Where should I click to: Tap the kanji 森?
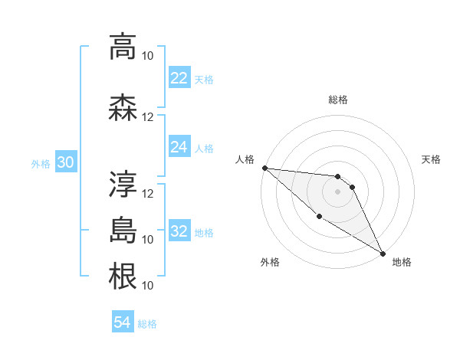coord(123,107)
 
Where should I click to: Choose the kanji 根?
coord(123,276)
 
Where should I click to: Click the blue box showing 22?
coord(179,78)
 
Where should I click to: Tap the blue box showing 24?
coord(179,147)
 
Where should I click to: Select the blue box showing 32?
coord(179,231)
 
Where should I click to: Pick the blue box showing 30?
coord(65,162)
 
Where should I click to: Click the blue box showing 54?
coord(123,322)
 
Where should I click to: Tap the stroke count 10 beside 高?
coord(148,55)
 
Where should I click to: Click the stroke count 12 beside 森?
coord(148,116)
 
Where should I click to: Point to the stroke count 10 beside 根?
coord(148,285)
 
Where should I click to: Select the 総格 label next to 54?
coord(147,324)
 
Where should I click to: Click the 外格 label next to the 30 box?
coord(41,163)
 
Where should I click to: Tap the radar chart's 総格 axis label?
coord(337,100)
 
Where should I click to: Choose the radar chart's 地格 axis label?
coord(402,262)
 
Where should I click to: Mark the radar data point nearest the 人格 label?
coord(264,168)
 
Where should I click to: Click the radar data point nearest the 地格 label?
coord(382,253)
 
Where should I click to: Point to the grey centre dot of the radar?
coord(337,191)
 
